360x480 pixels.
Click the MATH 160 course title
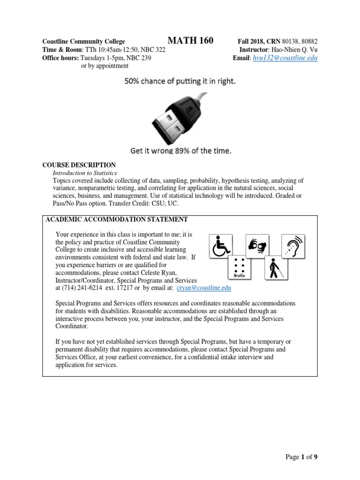[x=190, y=41]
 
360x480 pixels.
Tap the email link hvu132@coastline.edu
[x=285, y=58]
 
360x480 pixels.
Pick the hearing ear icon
[x=293, y=246]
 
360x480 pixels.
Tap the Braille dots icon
[x=240, y=268]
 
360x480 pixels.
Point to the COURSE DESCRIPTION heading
[x=79, y=165]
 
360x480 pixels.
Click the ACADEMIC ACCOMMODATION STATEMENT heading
[x=116, y=219]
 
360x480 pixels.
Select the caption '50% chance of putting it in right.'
[x=180, y=82]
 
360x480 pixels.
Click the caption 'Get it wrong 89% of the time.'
[x=180, y=151]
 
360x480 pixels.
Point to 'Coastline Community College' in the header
[x=84, y=41]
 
